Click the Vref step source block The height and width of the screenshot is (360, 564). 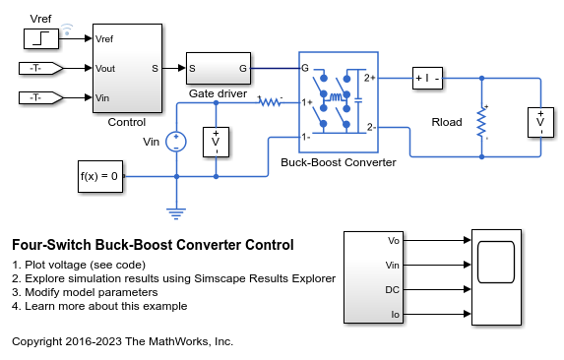43,39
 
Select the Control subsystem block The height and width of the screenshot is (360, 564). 127,69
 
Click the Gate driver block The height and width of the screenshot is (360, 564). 218,69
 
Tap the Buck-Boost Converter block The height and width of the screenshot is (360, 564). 338,103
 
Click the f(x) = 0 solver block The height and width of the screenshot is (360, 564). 100,176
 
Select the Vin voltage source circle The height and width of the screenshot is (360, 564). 176,141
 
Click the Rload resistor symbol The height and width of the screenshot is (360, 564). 481,123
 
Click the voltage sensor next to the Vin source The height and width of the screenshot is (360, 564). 216,142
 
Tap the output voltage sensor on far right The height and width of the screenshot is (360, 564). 539,123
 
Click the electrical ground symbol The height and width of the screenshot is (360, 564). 176,210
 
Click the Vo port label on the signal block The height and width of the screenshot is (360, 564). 394,240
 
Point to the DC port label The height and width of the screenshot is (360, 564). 394,290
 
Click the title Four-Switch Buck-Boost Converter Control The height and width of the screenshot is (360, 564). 153,244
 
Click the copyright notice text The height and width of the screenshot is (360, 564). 122,341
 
